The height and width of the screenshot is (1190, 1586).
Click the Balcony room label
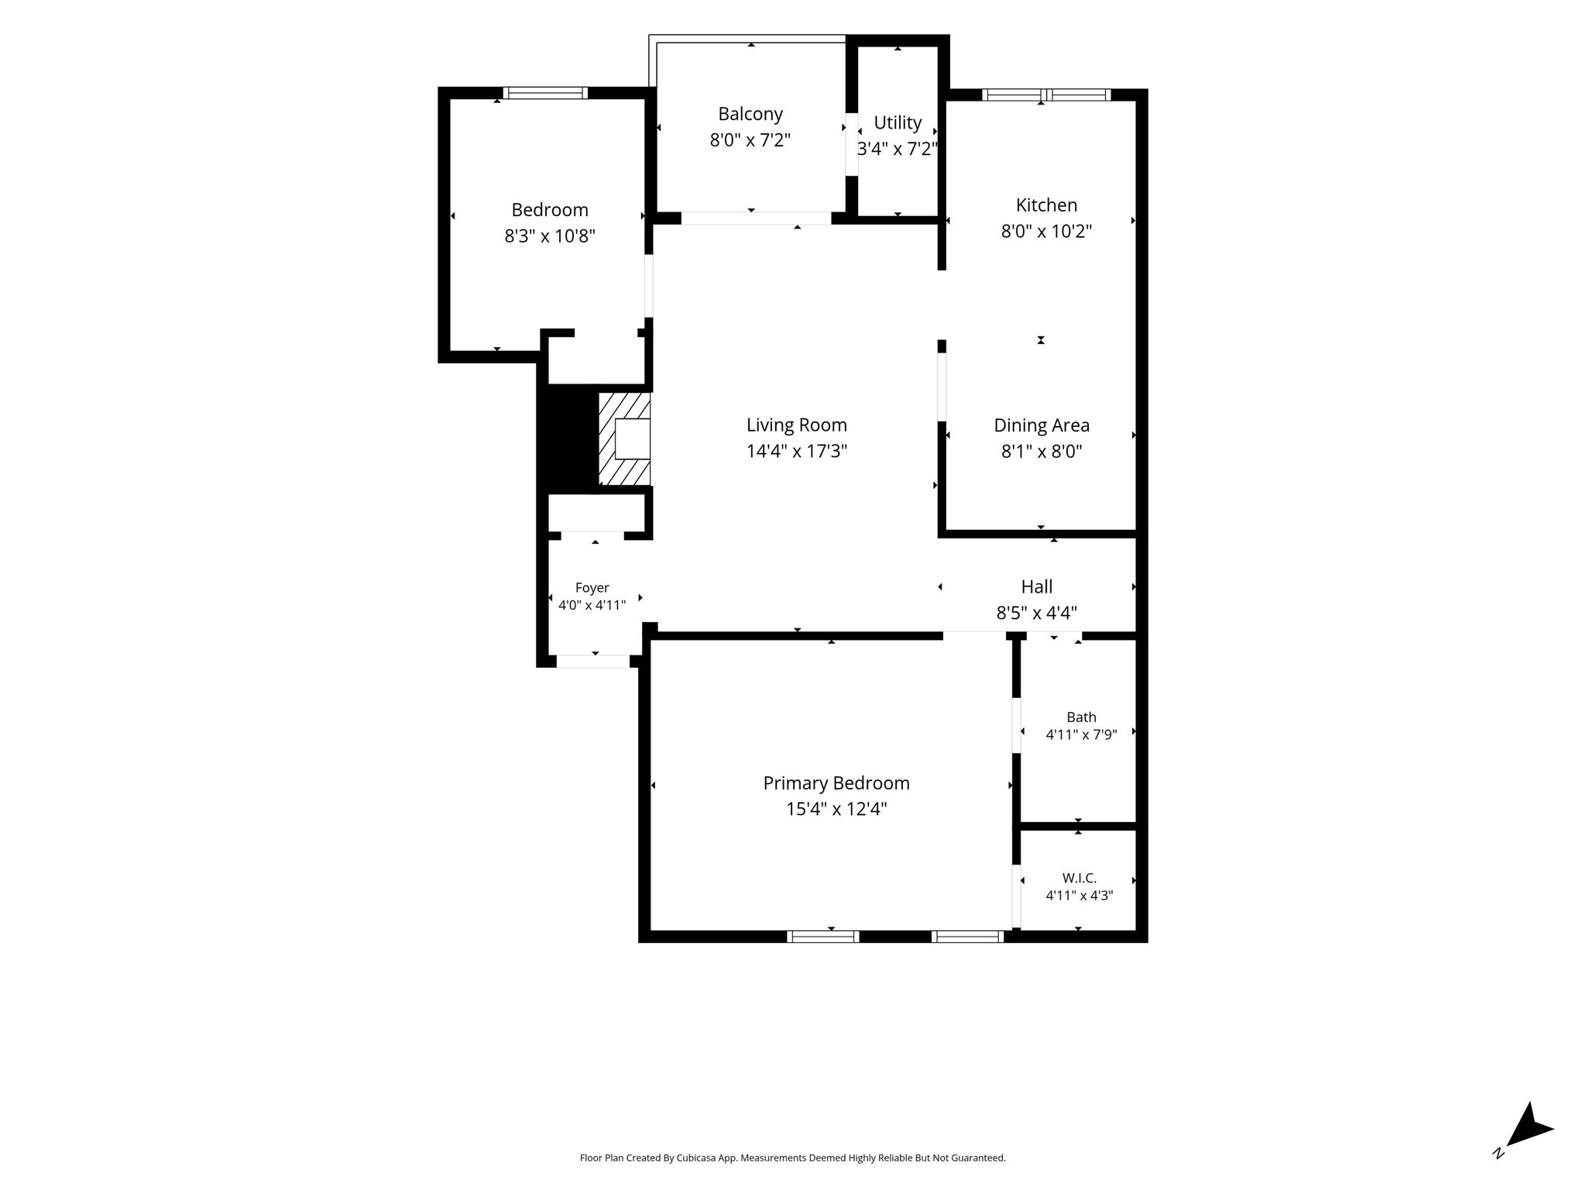pyautogui.click(x=750, y=114)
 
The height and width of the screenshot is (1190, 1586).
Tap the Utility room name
pyautogui.click(x=898, y=122)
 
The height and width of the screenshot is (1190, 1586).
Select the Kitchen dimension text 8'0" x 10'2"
pyautogui.click(x=1046, y=231)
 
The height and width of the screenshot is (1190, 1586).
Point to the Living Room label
pyautogui.click(x=797, y=425)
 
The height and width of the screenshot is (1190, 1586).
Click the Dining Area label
pyautogui.click(x=1042, y=425)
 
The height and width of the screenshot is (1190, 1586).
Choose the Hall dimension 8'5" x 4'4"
pyautogui.click(x=1036, y=613)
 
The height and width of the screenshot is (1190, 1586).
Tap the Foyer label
pyautogui.click(x=592, y=588)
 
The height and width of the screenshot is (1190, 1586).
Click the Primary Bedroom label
pyautogui.click(x=836, y=783)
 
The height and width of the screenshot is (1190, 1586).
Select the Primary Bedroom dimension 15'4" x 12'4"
pyautogui.click(x=836, y=810)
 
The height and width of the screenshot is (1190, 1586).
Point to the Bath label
pyautogui.click(x=1081, y=717)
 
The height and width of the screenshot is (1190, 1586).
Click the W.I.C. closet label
pyautogui.click(x=1080, y=878)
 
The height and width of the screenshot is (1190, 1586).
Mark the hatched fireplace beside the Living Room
pyautogui.click(x=624, y=439)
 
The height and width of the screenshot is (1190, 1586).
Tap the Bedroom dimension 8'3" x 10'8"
pyautogui.click(x=550, y=236)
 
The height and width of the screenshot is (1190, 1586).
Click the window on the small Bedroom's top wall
pyautogui.click(x=545, y=93)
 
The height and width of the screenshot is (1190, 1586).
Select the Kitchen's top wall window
pyautogui.click(x=1046, y=95)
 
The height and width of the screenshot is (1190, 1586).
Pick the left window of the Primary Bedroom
pyautogui.click(x=823, y=937)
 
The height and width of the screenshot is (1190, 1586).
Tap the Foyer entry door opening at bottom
pyautogui.click(x=593, y=662)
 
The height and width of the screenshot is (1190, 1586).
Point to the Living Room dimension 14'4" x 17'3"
pyautogui.click(x=797, y=452)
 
